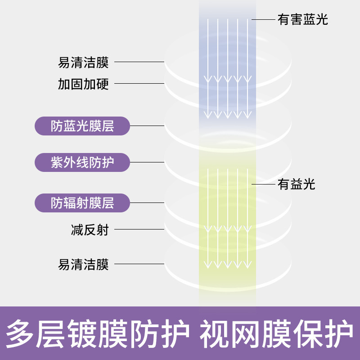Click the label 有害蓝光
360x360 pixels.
[303, 20]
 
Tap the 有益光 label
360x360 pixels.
[297, 184]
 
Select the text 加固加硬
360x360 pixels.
[83, 84]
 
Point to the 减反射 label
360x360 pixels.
[90, 229]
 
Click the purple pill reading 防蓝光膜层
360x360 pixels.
[82, 126]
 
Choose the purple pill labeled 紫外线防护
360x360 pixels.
[82, 162]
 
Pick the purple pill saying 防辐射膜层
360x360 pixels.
[82, 203]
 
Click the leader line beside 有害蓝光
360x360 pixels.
[263, 20]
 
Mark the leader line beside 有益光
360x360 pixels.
[263, 184]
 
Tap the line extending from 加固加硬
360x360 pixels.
[139, 84]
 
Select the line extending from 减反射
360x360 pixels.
[139, 229]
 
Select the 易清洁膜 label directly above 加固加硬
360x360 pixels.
[83, 62]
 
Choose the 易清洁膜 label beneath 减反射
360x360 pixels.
[83, 264]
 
